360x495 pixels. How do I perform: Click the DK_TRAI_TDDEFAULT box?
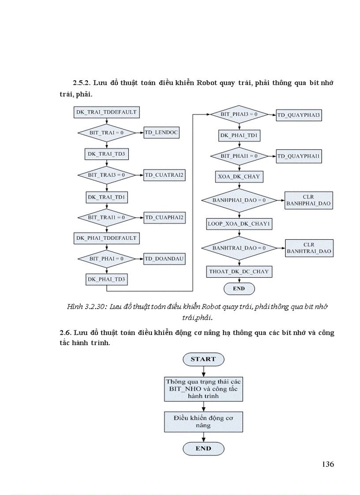[x=106, y=112]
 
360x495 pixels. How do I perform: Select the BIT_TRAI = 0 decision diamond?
[x=106, y=133]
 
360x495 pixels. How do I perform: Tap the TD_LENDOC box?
[x=162, y=133]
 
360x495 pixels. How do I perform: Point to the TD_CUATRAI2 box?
[x=164, y=175]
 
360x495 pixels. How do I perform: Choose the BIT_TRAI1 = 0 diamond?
[x=106, y=217]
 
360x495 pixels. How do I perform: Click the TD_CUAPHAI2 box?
[x=164, y=217]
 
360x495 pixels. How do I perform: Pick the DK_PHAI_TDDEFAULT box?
[x=106, y=238]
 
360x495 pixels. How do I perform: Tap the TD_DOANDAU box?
[x=164, y=258]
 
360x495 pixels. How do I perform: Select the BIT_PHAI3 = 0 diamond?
[x=239, y=115]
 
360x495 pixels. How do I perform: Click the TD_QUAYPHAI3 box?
[x=299, y=116]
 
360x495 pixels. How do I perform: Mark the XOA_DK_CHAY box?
[x=239, y=177]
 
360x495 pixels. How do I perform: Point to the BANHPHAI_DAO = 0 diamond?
[x=239, y=201]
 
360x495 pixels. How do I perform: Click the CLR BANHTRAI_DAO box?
[x=309, y=248]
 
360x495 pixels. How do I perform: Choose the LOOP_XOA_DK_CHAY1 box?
[x=239, y=224]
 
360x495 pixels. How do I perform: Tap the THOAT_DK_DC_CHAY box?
[x=239, y=272]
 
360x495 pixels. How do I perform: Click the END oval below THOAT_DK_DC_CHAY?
[x=239, y=289]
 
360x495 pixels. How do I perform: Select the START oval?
[x=203, y=359]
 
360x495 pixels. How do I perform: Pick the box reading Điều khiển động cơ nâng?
[x=203, y=422]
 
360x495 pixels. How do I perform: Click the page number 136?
[x=328, y=464]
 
